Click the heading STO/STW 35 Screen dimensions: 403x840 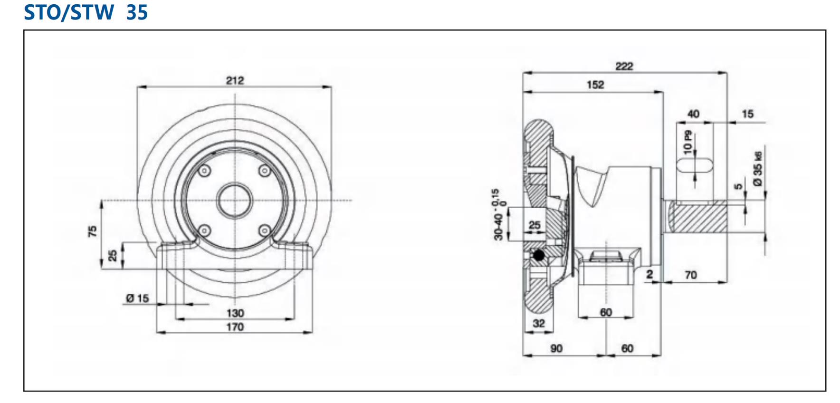(86, 12)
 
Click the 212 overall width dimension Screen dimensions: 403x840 (235, 80)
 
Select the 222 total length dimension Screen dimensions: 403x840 (624, 66)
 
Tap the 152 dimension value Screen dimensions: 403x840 (595, 85)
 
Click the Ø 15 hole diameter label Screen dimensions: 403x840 (137, 298)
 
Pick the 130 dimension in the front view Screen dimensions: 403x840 (235, 313)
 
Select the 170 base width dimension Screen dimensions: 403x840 (235, 327)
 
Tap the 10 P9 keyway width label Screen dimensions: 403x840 (687, 142)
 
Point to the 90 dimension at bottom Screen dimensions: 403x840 (556, 348)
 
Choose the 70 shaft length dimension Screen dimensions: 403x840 (690, 275)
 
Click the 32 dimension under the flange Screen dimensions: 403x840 (538, 323)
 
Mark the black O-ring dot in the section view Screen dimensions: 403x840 (538, 256)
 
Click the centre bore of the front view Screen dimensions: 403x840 (234, 200)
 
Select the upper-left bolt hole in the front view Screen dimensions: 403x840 (205, 171)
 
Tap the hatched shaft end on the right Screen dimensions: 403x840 (697, 216)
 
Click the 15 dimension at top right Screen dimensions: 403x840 (747, 114)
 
